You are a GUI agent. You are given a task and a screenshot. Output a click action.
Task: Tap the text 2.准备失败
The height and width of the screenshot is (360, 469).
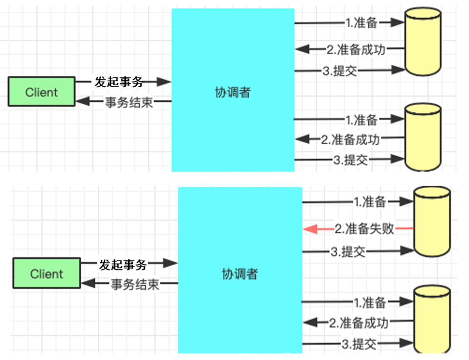click(364, 229)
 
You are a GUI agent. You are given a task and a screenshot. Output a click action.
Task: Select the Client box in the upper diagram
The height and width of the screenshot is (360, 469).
click(42, 92)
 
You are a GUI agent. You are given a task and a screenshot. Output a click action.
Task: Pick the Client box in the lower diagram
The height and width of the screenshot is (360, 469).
click(47, 274)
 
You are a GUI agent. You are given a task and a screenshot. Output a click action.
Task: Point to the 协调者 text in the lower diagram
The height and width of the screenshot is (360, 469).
click(239, 274)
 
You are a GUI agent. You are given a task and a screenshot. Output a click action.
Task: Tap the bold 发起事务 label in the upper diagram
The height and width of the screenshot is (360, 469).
click(119, 82)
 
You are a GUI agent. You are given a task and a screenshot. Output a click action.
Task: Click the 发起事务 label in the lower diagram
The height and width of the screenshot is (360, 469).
click(123, 264)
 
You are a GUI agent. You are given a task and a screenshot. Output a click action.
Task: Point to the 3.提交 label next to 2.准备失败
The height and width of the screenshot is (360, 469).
click(348, 252)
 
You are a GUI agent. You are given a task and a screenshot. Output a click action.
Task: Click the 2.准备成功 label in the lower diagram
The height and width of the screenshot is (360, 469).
click(358, 323)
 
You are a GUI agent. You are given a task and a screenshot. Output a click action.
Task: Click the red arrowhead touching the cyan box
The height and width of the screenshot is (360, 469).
click(309, 229)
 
